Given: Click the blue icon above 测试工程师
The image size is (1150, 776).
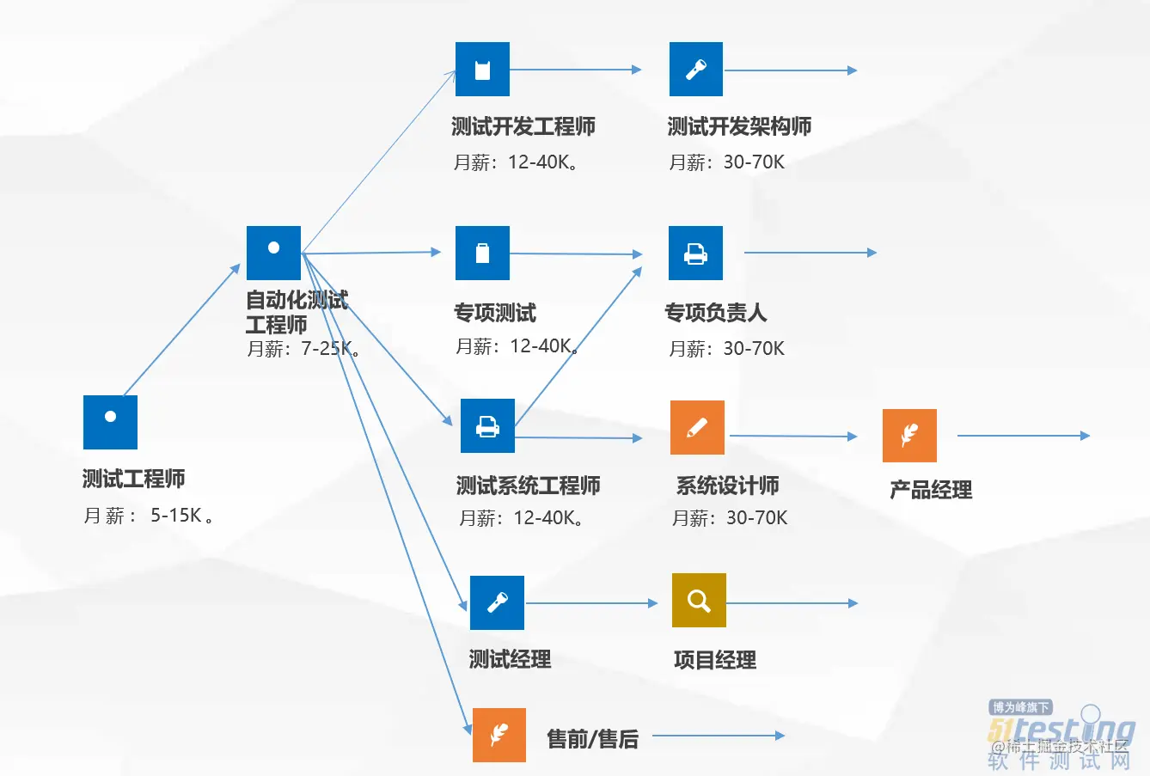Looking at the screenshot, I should point(110,422).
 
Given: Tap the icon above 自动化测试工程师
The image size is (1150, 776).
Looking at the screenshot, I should point(273,253).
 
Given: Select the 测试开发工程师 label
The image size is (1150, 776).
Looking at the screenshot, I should point(523,127).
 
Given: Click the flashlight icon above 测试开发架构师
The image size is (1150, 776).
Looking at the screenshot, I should point(696,69).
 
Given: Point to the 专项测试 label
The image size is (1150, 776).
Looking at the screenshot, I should point(495,313).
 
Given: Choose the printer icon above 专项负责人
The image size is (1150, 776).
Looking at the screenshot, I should point(695,253).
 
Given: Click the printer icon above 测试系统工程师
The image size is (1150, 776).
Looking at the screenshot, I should point(487,425).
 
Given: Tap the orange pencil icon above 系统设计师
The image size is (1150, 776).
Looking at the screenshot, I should point(697,427).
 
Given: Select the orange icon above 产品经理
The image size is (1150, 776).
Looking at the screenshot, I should point(909,436).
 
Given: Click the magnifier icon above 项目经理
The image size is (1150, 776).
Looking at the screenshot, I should point(699,600).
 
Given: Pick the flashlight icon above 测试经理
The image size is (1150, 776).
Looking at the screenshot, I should point(497,602).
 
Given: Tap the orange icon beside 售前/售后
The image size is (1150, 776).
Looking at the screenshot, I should point(499,735).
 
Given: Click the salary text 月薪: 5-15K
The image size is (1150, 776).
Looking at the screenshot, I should point(149,516).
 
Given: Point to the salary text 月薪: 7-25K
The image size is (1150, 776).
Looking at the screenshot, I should point(304,349).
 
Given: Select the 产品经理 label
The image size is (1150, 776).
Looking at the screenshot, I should point(931,490).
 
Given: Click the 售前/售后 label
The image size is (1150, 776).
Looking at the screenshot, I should point(592,739).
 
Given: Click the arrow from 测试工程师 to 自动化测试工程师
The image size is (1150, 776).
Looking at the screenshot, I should point(182,330).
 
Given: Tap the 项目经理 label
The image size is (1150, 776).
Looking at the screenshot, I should point(715,660).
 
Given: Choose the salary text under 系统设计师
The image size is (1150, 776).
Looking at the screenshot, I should point(730,518).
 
